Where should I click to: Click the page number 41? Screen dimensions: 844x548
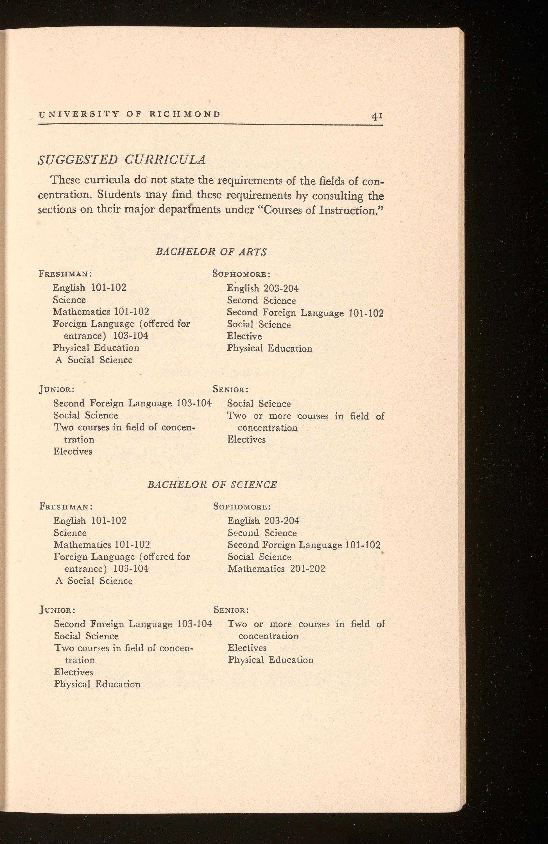[x=377, y=116]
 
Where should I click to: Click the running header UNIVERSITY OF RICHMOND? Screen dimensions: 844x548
[x=129, y=114]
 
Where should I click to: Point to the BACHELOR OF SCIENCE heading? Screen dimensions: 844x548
[x=212, y=484]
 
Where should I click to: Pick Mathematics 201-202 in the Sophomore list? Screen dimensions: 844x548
[x=276, y=569]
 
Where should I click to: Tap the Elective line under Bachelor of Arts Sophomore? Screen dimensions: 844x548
[x=244, y=336]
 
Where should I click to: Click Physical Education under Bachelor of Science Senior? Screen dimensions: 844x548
[x=271, y=660]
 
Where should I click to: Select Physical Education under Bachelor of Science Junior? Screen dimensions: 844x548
[x=97, y=684]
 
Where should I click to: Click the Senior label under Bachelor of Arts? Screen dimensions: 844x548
[x=230, y=389]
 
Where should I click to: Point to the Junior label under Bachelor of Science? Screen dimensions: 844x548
[x=57, y=610]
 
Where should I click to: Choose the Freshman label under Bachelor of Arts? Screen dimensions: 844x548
[x=65, y=274]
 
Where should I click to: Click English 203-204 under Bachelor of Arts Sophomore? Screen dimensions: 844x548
[x=262, y=288]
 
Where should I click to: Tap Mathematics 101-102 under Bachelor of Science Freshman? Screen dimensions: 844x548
[x=102, y=544]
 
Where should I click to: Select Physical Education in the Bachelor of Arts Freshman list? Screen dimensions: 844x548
[x=96, y=348]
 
